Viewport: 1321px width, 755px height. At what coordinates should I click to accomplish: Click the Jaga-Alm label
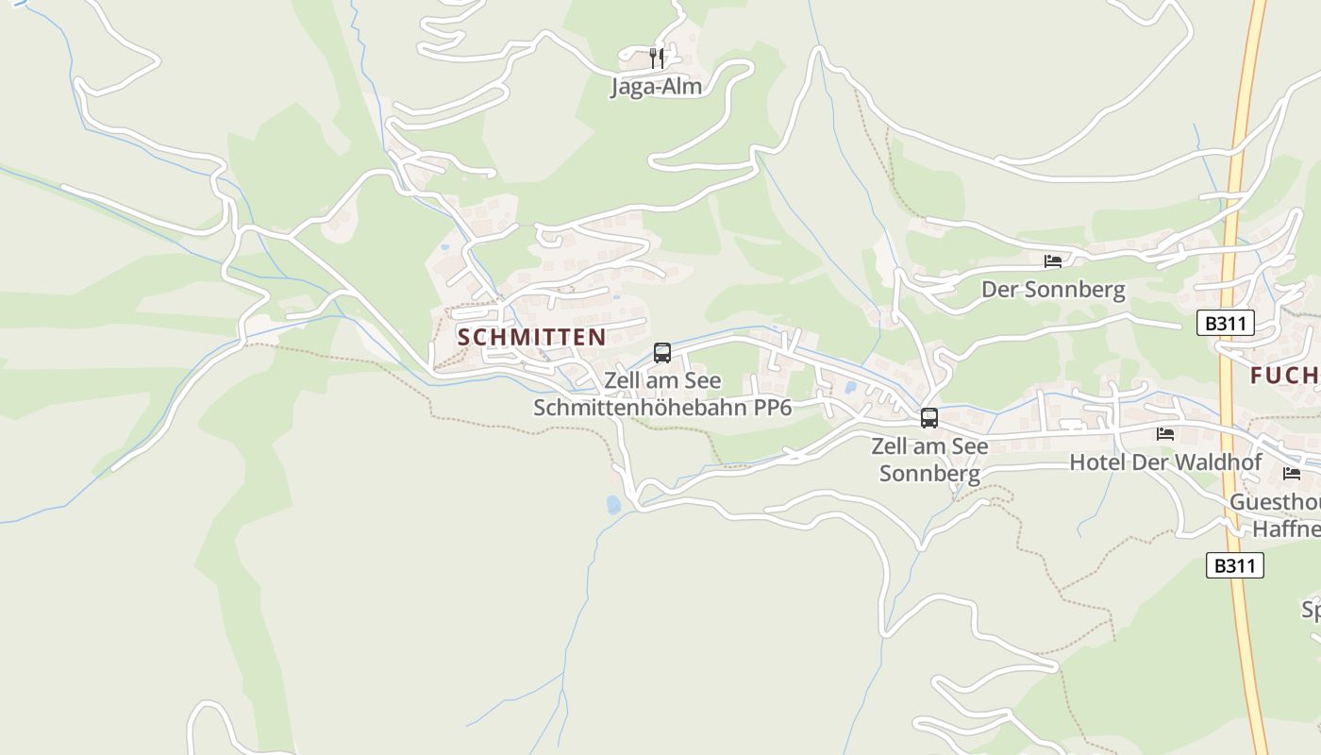click(x=657, y=87)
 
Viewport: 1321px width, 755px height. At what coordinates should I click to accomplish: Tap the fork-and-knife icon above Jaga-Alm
click(x=657, y=58)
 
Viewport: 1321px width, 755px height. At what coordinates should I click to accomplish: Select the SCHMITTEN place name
click(x=532, y=337)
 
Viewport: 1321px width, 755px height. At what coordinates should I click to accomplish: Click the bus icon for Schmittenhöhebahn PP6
click(x=662, y=353)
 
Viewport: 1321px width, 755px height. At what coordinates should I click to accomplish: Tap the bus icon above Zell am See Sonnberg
click(x=929, y=417)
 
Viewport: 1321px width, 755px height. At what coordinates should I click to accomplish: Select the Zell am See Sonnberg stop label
click(x=929, y=459)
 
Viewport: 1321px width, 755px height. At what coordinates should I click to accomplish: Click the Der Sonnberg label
click(x=1053, y=290)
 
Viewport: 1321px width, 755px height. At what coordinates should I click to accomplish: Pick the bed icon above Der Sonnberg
click(x=1053, y=261)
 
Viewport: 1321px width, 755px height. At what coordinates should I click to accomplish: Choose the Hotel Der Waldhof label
click(x=1165, y=462)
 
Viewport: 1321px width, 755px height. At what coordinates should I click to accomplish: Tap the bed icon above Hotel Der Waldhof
click(x=1165, y=433)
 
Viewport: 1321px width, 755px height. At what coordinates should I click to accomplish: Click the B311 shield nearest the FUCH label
click(x=1226, y=324)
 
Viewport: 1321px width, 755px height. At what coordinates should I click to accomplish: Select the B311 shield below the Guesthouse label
click(x=1235, y=565)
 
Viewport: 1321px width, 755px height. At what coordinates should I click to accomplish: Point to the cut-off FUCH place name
click(x=1284, y=376)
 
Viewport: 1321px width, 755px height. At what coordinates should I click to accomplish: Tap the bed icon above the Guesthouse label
click(x=1291, y=473)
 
